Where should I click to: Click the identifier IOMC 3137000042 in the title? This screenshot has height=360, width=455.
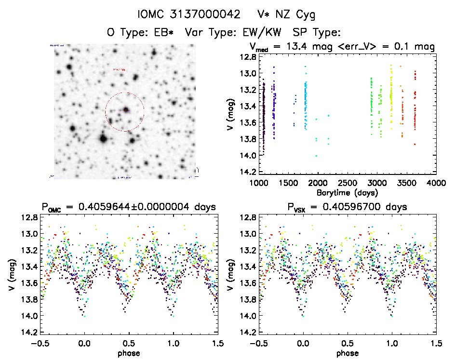189,15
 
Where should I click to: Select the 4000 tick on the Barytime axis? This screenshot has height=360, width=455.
436,184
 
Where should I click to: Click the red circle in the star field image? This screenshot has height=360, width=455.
125,112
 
